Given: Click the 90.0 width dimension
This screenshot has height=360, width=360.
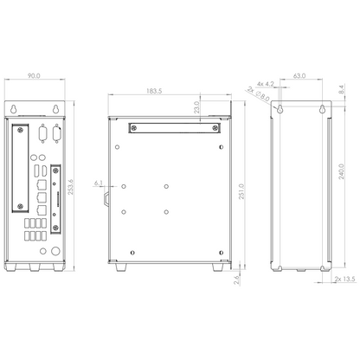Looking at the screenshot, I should [35, 77].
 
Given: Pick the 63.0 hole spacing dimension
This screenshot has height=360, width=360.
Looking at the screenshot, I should [300, 77].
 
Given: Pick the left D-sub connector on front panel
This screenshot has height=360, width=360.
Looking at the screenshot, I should [40, 132].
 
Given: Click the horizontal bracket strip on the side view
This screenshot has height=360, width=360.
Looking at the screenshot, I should [171, 126].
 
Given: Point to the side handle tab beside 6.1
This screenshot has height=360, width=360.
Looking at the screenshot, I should [106, 198].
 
